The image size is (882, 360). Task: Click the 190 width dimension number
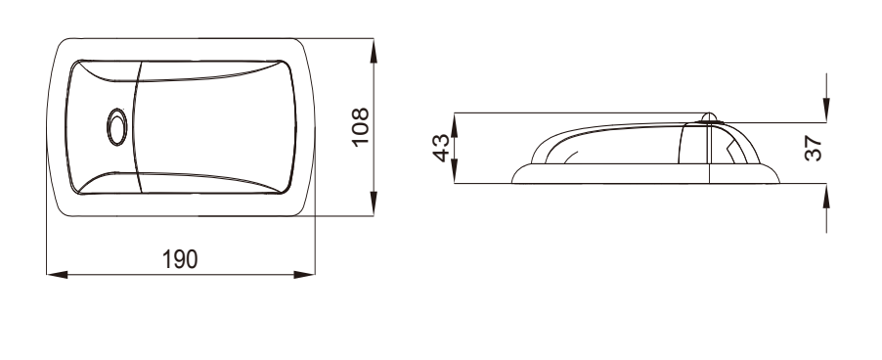coord(180,259)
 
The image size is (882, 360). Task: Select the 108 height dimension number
coord(360,126)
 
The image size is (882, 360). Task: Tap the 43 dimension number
coord(442,148)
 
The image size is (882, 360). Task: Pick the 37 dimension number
coord(814,149)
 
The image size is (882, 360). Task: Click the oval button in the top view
coord(117,127)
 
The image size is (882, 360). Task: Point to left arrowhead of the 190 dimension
coord(57,275)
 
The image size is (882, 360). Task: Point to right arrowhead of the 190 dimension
coord(304,275)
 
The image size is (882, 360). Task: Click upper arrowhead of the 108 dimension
coord(374,51)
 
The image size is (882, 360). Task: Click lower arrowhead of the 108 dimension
coord(374,203)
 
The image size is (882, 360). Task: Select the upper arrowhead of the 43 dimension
coord(455,125)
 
